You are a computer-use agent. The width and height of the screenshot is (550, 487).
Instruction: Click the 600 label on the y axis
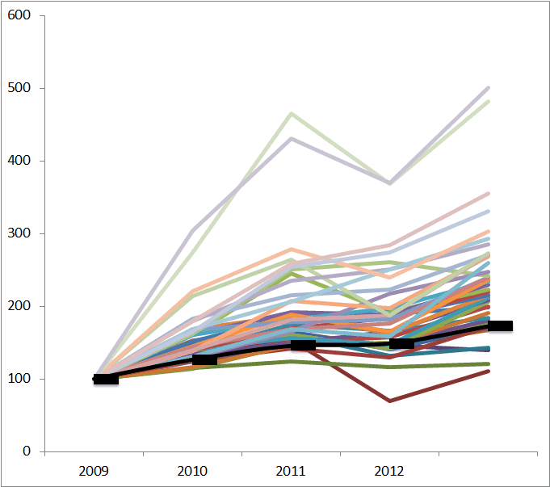tap(19, 15)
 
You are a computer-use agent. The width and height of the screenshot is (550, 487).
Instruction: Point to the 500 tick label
tap(19, 88)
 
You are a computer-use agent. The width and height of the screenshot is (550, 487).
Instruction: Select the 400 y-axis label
tap(19, 161)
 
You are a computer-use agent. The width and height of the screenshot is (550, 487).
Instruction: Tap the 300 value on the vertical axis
tap(19, 233)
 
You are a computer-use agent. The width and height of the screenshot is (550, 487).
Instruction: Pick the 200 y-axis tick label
tap(19, 306)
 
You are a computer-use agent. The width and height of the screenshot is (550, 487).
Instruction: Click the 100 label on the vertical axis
tap(19, 379)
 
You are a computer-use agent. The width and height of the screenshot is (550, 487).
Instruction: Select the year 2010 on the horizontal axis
tap(192, 469)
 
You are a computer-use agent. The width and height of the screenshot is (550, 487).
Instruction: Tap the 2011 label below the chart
tap(291, 469)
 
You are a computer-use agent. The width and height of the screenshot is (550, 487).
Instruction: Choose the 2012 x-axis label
tap(389, 469)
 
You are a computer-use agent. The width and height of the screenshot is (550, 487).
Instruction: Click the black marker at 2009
tap(106, 379)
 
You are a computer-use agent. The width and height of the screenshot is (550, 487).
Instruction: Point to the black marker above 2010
tap(204, 359)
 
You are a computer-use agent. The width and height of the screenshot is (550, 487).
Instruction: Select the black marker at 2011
tap(303, 345)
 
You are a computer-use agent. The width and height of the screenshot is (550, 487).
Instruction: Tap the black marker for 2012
tap(401, 343)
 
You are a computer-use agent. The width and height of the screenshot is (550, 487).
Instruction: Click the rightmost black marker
tap(500, 326)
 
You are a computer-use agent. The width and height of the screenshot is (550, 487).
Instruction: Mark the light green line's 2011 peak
tap(291, 113)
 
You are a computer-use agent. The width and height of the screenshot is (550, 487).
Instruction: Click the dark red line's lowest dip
tap(390, 401)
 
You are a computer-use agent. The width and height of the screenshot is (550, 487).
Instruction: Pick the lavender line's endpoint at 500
tap(489, 87)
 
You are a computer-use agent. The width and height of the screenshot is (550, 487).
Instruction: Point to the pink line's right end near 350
tap(489, 194)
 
